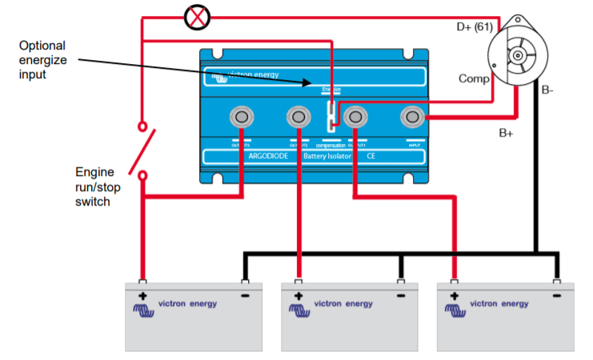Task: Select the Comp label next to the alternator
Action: (473, 78)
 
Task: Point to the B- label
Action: (547, 90)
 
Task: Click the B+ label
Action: (506, 133)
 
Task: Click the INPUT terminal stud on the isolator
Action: (413, 118)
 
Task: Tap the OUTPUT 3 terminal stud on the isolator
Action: (241, 118)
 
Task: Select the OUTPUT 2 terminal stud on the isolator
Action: (298, 118)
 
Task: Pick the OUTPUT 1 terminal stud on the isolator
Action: (355, 118)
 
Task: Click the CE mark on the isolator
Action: (371, 156)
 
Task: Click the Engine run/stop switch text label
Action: (94, 186)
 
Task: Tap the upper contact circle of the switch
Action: (142, 127)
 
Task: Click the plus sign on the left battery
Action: (142, 296)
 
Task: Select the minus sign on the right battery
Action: (555, 296)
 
